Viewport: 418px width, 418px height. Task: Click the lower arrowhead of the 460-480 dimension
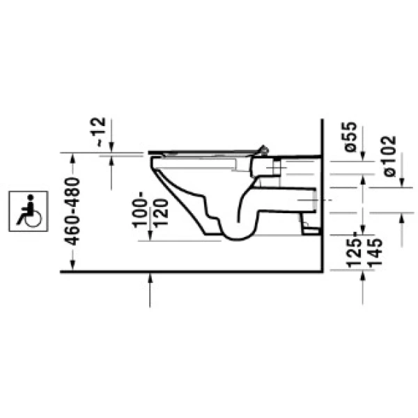[72, 267]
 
